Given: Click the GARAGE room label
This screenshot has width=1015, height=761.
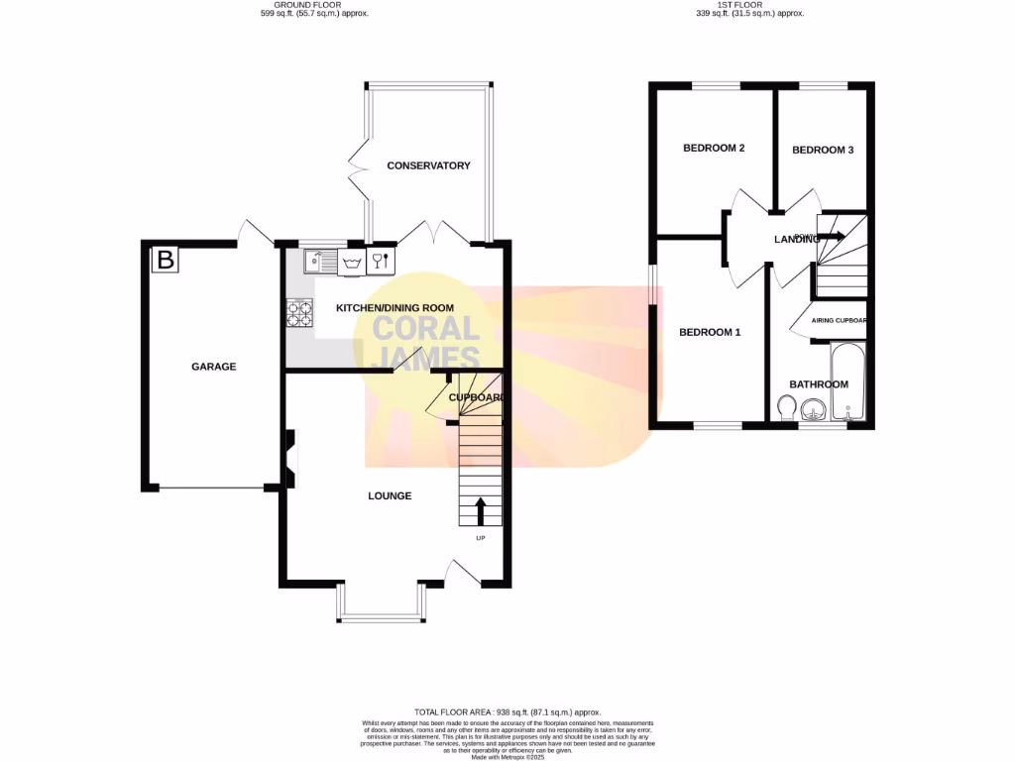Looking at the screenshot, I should pyautogui.click(x=213, y=367).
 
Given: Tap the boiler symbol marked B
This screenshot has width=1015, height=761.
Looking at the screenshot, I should pyautogui.click(x=165, y=261).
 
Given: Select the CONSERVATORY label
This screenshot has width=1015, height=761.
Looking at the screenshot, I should pyautogui.click(x=428, y=165).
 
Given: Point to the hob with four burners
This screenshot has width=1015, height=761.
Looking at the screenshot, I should pyautogui.click(x=299, y=313).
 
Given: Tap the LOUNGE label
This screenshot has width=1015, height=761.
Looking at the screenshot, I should pyautogui.click(x=390, y=495).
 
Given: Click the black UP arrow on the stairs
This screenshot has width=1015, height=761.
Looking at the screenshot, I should pyautogui.click(x=481, y=511).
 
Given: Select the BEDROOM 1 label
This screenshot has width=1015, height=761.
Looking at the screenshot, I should pyautogui.click(x=710, y=332).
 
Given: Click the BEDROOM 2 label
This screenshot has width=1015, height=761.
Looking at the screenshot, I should pyautogui.click(x=714, y=149).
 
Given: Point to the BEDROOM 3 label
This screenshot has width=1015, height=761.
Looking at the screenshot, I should pyautogui.click(x=823, y=150).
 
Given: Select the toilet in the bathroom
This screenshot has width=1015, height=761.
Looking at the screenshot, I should pyautogui.click(x=786, y=408).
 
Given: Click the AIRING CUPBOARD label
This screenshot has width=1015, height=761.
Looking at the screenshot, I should pyautogui.click(x=839, y=321).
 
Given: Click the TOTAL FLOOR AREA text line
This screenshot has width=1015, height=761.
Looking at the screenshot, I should pyautogui.click(x=507, y=712).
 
